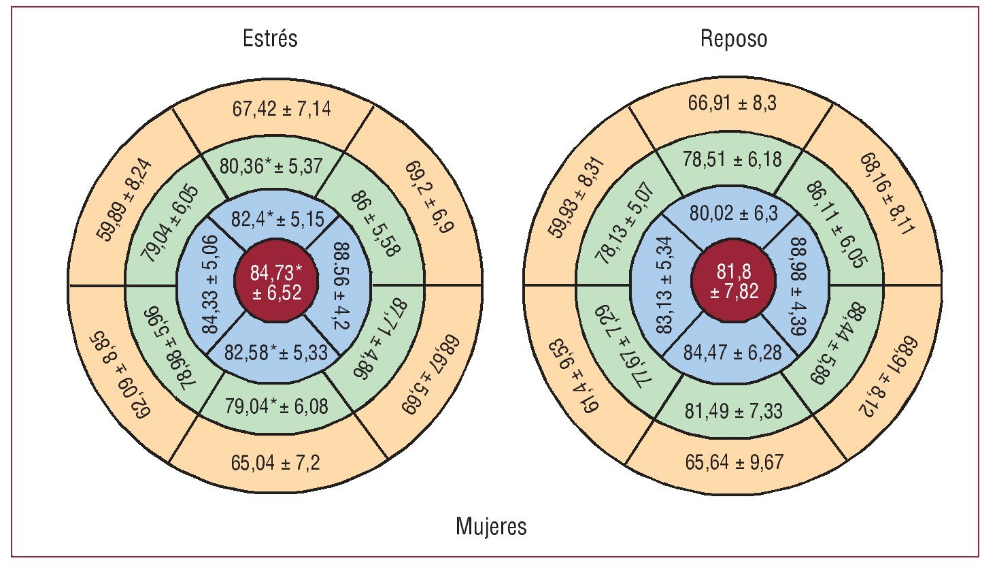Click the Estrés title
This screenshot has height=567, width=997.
coord(270,38)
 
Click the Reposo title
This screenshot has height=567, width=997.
coord(734,39)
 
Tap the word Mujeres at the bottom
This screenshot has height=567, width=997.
coord(491,526)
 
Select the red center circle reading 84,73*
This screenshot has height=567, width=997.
coord(275,282)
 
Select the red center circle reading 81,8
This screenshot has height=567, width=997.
coord(734,282)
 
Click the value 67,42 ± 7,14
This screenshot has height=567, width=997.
coord(282,109)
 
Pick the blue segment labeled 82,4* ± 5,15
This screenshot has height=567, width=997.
coord(279,220)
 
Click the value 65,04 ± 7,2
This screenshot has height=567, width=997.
coord(275,464)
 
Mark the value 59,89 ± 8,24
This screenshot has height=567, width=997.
coord(125,201)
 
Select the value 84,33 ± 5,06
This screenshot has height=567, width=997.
coord(211,284)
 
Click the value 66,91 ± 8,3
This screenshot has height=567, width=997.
coord(732,103)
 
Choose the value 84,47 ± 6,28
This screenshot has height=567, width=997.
coord(732,353)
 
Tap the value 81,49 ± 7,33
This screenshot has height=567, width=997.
coord(733,411)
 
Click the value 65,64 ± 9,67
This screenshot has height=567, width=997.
coord(734,462)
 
